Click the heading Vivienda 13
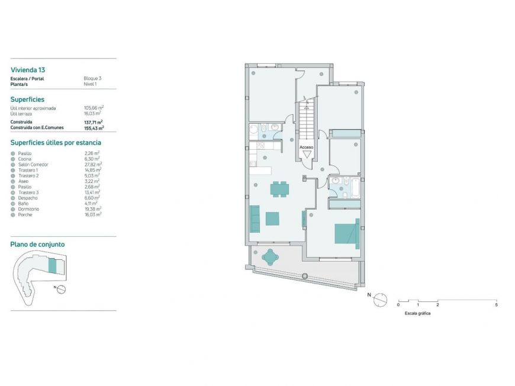[28, 69]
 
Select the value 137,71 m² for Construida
[94, 122]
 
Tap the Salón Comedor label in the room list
[33, 165]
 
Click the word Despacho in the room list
[29, 198]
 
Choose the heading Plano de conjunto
[38, 244]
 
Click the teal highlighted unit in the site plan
[52, 266]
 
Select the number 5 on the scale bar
[496, 304]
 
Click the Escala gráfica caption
[417, 313]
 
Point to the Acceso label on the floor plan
[307, 146]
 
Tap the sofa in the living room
[255, 218]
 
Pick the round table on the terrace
[271, 257]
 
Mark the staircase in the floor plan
[307, 121]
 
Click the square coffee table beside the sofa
[273, 218]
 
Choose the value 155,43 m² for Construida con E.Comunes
[94, 127]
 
